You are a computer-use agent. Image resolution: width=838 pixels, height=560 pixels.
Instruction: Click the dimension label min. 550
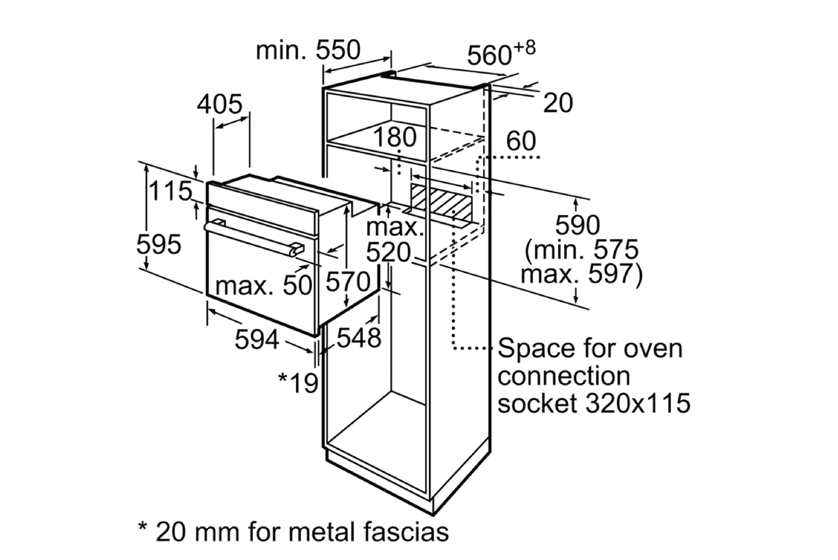308,50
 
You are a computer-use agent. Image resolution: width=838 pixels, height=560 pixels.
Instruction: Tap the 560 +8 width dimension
500,54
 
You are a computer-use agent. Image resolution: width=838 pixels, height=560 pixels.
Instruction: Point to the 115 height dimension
170,191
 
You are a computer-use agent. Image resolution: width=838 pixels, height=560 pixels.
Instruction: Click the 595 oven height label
158,245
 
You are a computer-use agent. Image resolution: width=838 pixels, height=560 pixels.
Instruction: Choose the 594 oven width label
257,340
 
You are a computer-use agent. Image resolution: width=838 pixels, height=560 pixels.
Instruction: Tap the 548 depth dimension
358,338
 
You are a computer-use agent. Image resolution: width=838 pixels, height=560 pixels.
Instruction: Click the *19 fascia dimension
298,383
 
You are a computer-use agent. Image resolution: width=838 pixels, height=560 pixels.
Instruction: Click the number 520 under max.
388,252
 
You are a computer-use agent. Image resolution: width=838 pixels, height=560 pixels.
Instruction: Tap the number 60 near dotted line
520,141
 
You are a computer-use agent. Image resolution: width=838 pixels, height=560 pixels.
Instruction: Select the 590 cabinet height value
577,225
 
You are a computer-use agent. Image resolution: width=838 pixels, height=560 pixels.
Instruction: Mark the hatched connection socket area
442,202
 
